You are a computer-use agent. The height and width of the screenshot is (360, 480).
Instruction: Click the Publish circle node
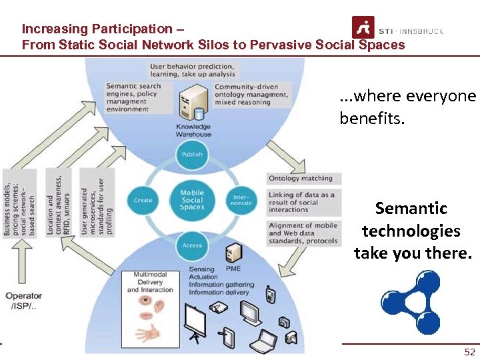coord(191,153)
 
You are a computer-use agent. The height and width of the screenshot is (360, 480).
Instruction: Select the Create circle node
coord(143,199)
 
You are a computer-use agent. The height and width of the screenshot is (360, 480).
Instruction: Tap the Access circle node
coord(191,245)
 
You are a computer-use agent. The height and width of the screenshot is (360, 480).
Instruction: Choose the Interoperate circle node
coord(241,199)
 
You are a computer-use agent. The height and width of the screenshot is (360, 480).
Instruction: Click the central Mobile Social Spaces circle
coord(192,199)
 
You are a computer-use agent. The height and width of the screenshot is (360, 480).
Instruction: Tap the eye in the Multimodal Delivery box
coord(146,301)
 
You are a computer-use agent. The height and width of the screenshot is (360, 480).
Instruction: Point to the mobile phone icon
coord(271,294)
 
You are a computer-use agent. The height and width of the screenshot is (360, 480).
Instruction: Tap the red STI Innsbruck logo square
coord(363,27)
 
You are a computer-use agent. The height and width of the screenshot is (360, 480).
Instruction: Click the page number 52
coord(469,352)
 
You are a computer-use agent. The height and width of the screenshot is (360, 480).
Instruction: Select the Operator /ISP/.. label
coord(23,300)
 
